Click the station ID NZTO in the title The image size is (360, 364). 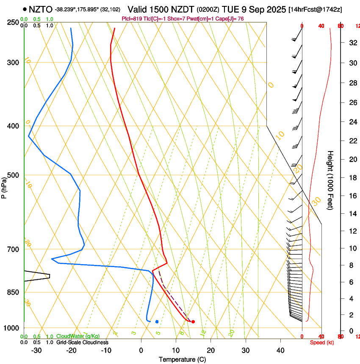[41, 9]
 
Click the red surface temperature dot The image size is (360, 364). [193, 322]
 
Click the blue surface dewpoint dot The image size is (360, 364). [157, 322]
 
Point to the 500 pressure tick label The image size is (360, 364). [14, 175]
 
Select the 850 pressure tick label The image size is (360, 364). [14, 292]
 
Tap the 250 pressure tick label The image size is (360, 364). [14, 22]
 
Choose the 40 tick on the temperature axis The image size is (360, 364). [280, 350]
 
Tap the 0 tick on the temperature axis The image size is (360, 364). [141, 350]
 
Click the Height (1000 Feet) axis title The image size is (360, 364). [330, 180]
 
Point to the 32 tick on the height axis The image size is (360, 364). [352, 43]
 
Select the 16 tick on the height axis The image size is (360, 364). [352, 196]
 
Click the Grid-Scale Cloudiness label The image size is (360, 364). [82, 342]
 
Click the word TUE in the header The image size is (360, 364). [237, 9]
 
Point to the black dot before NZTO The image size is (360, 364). [25, 9]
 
